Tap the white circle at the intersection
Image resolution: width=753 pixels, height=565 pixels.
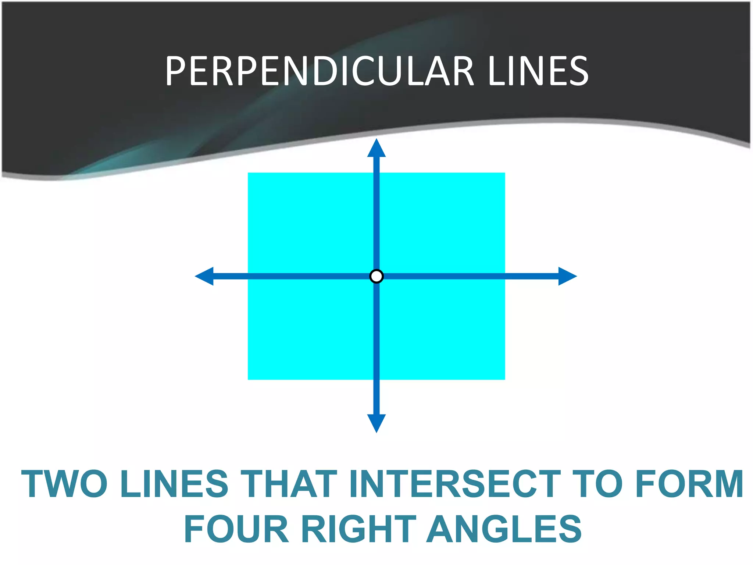[x=376, y=276]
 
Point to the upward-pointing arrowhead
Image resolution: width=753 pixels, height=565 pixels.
[x=376, y=149]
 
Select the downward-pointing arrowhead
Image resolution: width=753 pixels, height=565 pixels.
[x=376, y=423]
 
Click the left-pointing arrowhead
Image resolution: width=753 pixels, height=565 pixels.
[x=205, y=276]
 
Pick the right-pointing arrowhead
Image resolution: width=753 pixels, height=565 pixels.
[x=567, y=276]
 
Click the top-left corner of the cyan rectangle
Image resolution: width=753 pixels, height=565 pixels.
[x=248, y=173]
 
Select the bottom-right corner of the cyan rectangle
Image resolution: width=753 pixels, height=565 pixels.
[x=504, y=379]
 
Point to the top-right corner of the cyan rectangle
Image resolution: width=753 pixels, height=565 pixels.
[x=504, y=173]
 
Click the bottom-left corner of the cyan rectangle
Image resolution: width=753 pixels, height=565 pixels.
[x=248, y=379]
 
